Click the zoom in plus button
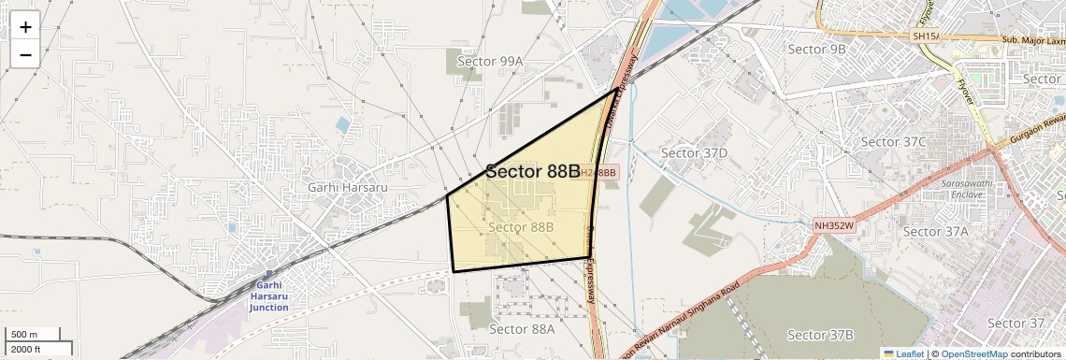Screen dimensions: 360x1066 point(25,27)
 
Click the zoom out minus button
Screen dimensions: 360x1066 point(25,54)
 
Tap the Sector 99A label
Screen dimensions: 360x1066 point(490,62)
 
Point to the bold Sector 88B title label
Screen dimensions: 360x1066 point(533,171)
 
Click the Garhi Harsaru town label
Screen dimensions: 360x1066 point(347,187)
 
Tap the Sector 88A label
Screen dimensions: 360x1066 point(522,329)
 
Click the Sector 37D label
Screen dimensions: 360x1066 point(694,152)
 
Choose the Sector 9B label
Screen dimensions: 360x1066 point(816,49)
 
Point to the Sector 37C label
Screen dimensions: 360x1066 point(893,142)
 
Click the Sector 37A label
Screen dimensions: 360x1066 point(935,232)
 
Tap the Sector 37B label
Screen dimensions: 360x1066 point(820,335)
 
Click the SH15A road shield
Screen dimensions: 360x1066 point(924,36)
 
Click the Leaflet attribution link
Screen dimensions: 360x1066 point(903,353)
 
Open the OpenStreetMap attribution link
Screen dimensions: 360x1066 point(973,353)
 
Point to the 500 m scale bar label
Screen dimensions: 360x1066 point(24,335)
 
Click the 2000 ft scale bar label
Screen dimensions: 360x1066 point(26,350)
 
